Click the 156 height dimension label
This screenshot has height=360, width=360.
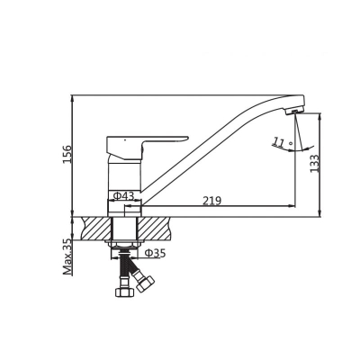(67, 154)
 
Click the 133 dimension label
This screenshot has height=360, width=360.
(314, 164)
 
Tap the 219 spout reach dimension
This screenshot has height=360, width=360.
(211, 201)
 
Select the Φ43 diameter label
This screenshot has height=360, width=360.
(123, 196)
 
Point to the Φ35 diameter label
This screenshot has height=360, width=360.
(155, 253)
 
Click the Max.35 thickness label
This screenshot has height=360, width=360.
(67, 257)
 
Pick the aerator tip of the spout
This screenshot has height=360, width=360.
(294, 112)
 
